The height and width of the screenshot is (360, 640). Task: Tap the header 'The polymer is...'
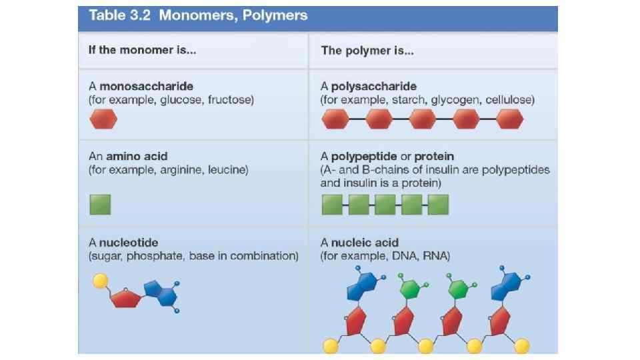367,50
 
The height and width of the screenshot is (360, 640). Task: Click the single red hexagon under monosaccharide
103,120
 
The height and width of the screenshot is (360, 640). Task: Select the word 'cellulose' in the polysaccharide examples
509,100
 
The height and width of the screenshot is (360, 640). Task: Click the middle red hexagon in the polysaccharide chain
423,120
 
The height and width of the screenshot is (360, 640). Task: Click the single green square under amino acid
100,204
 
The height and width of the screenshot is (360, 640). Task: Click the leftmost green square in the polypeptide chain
333,205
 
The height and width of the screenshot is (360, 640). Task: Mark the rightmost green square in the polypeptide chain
438,205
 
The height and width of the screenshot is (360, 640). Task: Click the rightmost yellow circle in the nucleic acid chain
522,345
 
